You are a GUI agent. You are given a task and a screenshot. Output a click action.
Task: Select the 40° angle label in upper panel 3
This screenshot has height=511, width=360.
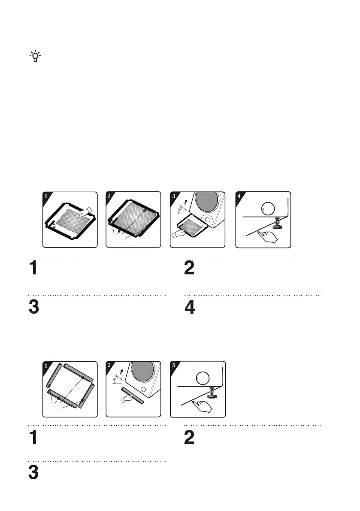tap(180, 210)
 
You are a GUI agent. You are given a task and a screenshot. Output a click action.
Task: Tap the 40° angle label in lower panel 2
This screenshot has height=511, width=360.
tap(115, 379)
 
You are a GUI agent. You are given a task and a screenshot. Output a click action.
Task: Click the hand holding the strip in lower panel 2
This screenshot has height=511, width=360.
tap(128, 399)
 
